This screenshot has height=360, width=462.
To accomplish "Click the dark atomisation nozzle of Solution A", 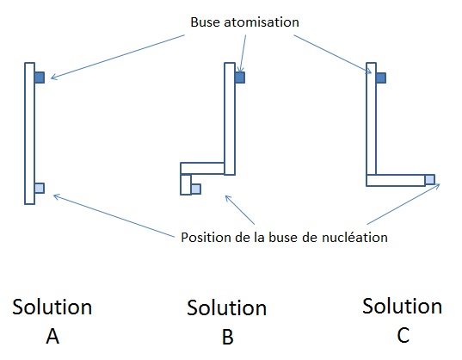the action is [x=40, y=78].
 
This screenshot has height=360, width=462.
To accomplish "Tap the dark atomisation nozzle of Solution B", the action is [x=240, y=78].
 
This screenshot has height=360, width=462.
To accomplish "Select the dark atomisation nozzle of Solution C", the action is [x=380, y=78].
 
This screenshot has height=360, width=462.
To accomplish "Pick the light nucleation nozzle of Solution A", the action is [x=40, y=188].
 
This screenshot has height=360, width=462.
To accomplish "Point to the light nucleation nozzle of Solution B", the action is [x=196, y=189].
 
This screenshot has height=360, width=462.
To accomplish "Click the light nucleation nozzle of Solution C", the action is [x=430, y=179].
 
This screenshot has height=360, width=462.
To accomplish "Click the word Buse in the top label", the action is [x=206, y=22].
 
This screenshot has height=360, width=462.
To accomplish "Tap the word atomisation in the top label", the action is [x=262, y=22].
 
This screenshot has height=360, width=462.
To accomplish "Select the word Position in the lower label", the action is [x=206, y=238].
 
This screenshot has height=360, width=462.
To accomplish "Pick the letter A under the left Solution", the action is [x=52, y=336].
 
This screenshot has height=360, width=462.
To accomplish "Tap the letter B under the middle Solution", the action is [x=227, y=337].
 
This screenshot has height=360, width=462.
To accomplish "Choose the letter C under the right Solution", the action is [x=403, y=335].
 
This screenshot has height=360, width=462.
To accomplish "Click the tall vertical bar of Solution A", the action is [x=30, y=133].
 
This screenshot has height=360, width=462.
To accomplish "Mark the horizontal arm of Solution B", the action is [x=202, y=168].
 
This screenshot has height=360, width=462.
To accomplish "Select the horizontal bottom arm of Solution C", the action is [x=396, y=181].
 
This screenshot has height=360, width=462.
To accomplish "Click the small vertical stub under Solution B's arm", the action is [x=186, y=184].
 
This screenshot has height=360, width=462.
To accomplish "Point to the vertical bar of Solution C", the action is [x=372, y=119].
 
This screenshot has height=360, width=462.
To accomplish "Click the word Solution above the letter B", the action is [x=227, y=308].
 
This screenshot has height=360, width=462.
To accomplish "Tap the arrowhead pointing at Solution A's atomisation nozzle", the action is [x=52, y=78].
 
